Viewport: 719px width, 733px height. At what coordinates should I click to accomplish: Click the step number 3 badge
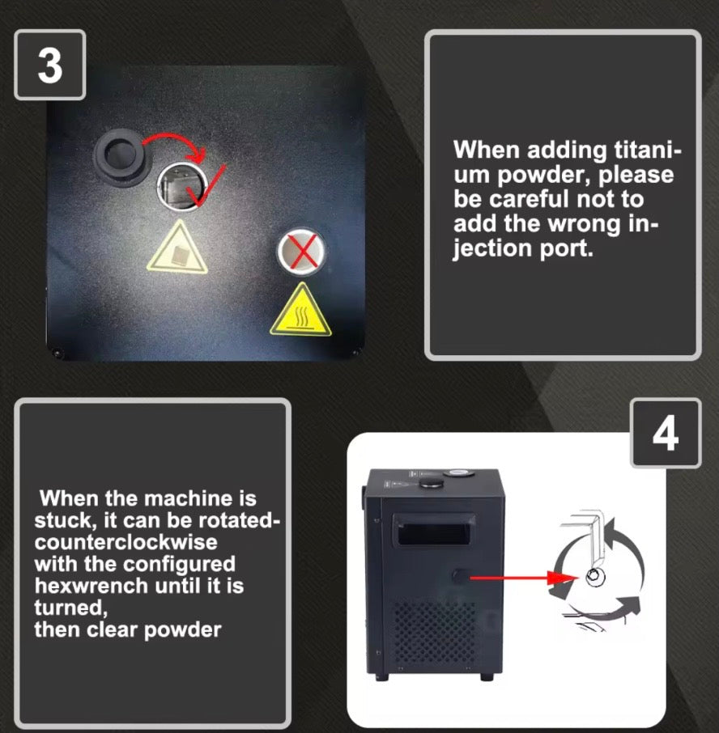pos(49,65)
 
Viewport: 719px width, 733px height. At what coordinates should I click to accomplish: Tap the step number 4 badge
pos(666,433)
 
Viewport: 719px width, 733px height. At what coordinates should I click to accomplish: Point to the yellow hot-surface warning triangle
pos(300,311)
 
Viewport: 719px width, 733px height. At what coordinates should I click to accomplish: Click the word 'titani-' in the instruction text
pos(648,150)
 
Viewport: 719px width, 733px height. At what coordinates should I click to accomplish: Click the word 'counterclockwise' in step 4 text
pos(126,542)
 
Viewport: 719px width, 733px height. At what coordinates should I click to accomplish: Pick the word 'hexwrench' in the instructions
pos(91,586)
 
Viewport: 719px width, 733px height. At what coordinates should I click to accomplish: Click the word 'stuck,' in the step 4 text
pos(62,521)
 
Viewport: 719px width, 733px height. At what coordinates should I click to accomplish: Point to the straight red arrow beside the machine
pos(525,578)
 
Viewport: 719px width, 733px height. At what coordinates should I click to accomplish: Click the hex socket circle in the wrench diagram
pos(594,576)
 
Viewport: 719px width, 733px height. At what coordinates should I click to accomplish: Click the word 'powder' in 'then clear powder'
pos(182,630)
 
